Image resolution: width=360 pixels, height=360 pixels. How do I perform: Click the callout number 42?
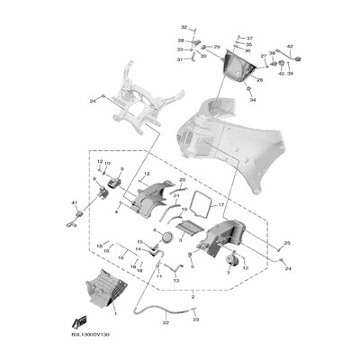[290, 44]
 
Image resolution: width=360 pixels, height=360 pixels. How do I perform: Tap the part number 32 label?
[184, 28]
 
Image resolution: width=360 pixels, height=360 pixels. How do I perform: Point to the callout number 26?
[259, 79]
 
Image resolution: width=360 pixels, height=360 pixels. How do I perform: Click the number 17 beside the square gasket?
[221, 205]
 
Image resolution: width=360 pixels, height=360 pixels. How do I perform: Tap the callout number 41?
[75, 204]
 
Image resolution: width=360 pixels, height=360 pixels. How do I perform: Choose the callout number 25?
[287, 244]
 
